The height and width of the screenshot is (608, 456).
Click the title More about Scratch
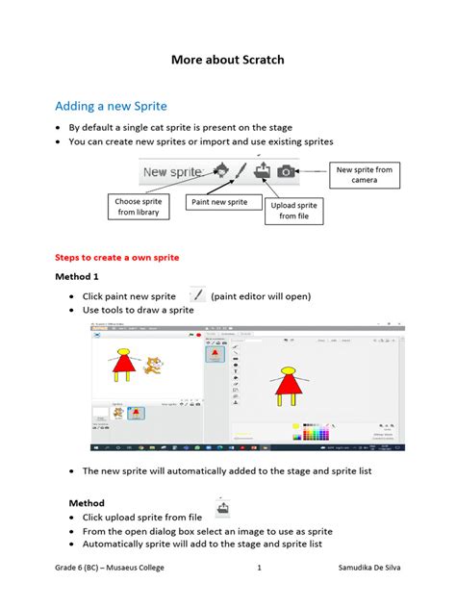click(228, 60)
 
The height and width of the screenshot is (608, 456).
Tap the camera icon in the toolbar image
click(286, 171)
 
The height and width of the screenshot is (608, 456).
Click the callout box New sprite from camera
click(365, 175)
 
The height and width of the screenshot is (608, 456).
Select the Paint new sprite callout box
click(219, 202)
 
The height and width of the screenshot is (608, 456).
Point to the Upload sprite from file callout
click(294, 211)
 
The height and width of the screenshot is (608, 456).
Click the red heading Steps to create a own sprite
click(117, 258)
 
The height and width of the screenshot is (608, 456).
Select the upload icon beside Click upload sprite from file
click(222, 507)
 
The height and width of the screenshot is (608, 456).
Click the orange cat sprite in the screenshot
click(151, 365)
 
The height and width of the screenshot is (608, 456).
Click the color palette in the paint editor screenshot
click(316, 432)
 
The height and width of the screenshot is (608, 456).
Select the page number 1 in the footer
click(260, 568)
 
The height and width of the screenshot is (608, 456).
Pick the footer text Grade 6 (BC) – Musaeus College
click(110, 568)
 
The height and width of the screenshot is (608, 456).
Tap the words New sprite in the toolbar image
click(172, 172)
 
